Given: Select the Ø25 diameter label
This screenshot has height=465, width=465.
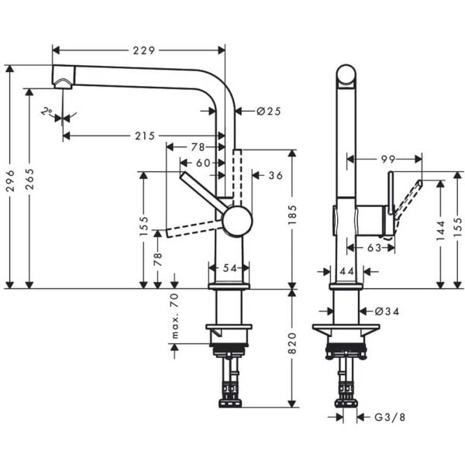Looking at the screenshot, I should click(267, 111).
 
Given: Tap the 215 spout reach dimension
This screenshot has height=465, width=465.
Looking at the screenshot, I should click(145, 136).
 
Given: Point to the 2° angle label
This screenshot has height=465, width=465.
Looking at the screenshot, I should click(47, 112).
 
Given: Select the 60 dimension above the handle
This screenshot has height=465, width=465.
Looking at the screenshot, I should click(202, 163).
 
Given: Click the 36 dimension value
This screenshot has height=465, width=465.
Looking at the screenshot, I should click(275, 175).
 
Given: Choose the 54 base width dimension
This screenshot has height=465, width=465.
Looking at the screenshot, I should click(229, 267).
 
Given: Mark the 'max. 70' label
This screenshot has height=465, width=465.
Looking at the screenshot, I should click(174, 316).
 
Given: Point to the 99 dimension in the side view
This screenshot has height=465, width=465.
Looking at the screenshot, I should click(388, 159).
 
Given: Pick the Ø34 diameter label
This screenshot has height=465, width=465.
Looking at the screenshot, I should click(387, 311).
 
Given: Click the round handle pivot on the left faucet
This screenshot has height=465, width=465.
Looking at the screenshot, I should click(236, 221).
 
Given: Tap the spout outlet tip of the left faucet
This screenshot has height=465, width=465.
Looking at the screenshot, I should click(63, 82).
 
